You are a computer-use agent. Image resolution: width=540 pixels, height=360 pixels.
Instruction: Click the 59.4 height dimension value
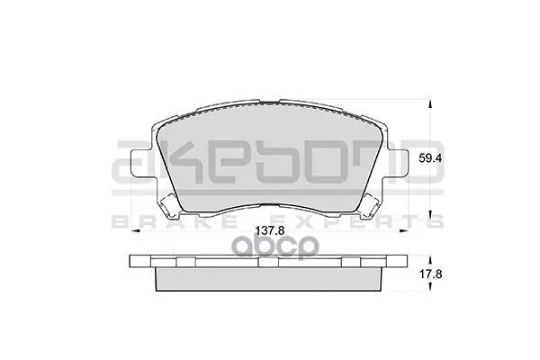coord(430,158)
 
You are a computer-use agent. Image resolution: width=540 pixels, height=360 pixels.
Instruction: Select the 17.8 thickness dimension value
coord(430,274)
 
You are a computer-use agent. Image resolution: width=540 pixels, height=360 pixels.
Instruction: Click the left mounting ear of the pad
coord(141,165)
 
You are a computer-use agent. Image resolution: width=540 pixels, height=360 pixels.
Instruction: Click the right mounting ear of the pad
coord(398,165)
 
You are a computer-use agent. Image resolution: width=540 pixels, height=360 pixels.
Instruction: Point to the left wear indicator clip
coord(169,206)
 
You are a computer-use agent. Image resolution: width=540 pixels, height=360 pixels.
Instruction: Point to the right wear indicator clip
coord(370,206)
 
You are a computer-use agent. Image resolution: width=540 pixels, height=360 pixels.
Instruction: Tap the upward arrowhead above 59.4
coord(430,104)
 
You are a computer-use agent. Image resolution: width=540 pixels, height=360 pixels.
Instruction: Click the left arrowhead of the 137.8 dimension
coord(135,230)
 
